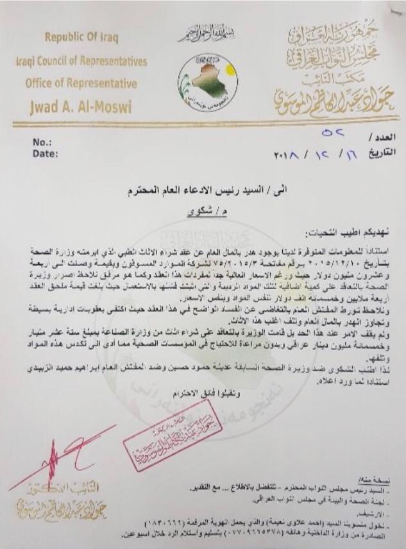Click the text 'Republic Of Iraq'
coord(81,37)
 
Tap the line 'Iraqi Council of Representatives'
coord(82,62)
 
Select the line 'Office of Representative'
coord(81,83)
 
